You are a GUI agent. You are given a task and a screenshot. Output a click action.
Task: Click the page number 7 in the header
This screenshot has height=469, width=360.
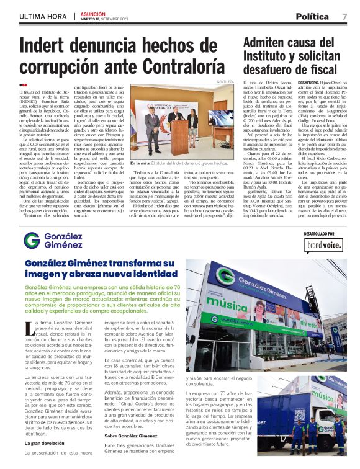[344, 16]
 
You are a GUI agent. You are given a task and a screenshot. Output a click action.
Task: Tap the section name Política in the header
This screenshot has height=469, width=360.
[312, 16]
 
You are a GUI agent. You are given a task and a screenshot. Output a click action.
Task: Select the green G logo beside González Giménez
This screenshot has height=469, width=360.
[32, 241]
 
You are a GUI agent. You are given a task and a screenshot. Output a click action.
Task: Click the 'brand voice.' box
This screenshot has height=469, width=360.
[324, 245]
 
